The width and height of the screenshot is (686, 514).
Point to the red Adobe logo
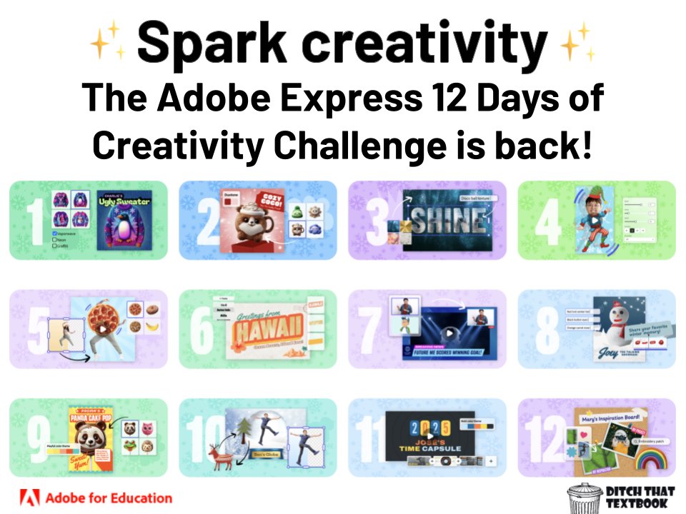pyautogui.click(x=31, y=498)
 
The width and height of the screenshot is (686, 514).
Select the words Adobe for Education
pyautogui.click(x=109, y=498)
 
